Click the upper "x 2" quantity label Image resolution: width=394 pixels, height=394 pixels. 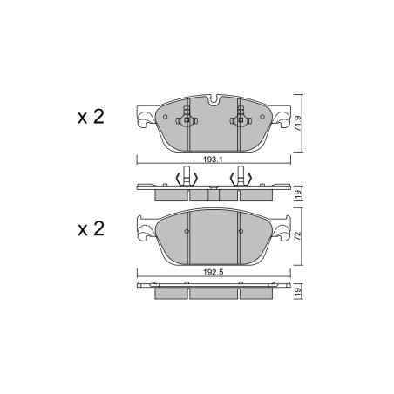(90, 117)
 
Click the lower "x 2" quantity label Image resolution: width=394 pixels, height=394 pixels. (90, 229)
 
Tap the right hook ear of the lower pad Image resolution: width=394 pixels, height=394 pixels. (283, 230)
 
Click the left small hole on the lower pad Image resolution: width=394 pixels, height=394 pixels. (187, 231)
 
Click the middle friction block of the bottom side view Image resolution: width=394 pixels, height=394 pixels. (213, 294)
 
